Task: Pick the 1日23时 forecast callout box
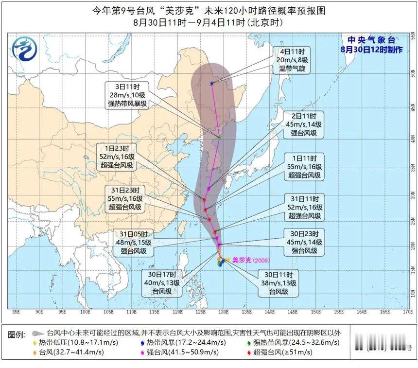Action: point(117,157)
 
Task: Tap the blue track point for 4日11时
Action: point(212,83)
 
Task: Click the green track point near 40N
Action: point(220,138)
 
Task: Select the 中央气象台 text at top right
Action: point(371,40)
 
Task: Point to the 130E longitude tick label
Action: point(224,312)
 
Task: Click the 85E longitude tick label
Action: point(16,312)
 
